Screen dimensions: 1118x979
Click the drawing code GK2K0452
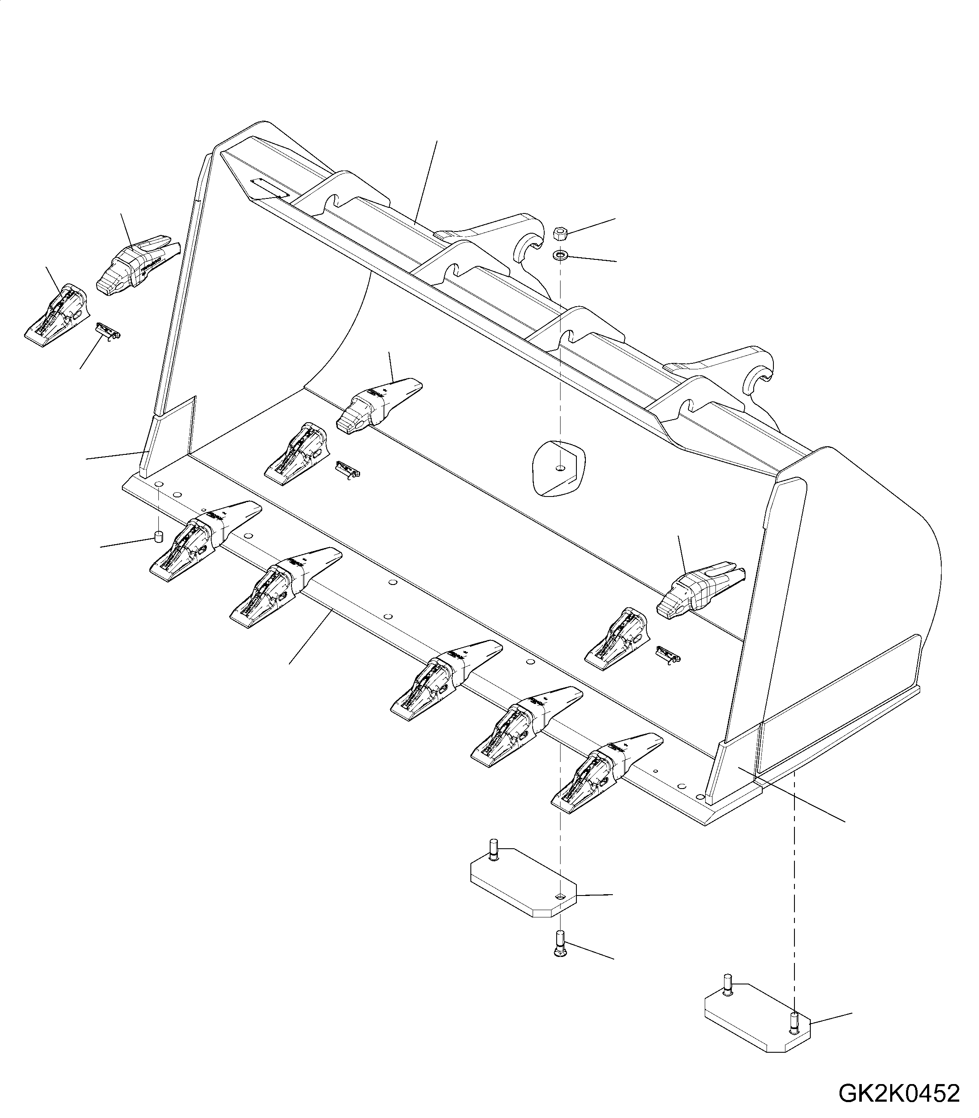tap(899, 1078)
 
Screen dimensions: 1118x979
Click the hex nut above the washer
tap(560, 234)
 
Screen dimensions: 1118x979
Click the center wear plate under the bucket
tap(522, 887)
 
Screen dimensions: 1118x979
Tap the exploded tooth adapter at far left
tap(56, 315)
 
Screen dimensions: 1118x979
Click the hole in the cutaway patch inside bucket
tap(560, 468)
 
